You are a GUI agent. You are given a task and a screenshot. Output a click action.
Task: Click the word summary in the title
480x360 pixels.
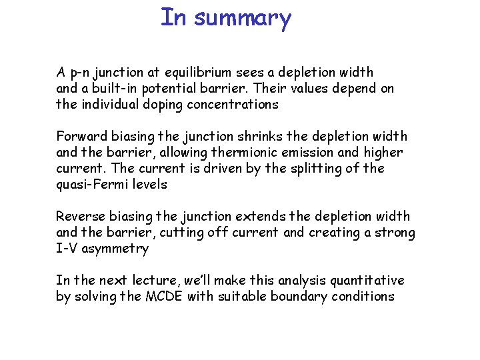click(243, 18)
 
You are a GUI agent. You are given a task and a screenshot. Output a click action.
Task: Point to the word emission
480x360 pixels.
click(309, 153)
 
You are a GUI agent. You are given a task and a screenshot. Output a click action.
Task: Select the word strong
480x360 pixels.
click(397, 233)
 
